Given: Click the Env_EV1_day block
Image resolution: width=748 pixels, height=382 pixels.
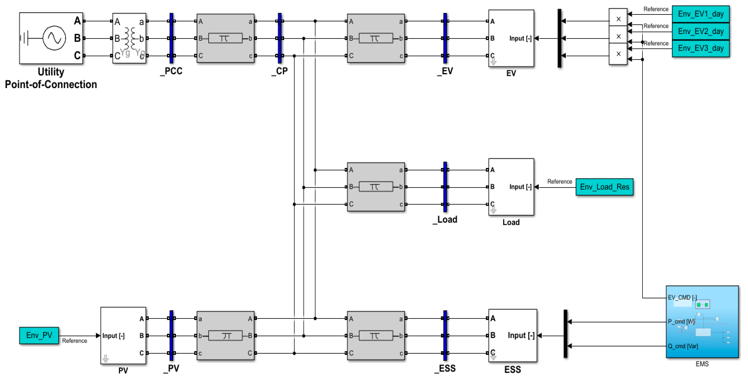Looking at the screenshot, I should tap(700, 14).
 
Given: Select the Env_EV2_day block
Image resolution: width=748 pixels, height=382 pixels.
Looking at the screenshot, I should tap(700, 31).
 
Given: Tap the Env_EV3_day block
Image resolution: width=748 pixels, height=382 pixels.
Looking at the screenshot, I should tap(700, 48).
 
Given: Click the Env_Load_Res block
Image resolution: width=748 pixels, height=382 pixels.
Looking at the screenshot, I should tap(604, 187).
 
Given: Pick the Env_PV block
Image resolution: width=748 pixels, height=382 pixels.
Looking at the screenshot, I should tap(39, 335).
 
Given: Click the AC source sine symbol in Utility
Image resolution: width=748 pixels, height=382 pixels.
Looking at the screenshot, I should tap(54, 38).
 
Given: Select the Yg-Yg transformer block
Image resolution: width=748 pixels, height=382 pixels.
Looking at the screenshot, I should tap(129, 38).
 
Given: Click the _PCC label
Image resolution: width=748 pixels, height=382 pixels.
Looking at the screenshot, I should tap(171, 71).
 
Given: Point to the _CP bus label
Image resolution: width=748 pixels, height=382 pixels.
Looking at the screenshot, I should tap(280, 71).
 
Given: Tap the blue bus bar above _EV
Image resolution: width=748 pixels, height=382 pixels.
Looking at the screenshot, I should tap(445, 38).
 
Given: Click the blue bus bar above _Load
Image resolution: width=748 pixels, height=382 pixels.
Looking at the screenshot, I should tap(445, 187).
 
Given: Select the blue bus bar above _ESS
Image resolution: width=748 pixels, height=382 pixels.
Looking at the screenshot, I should tap(445, 335).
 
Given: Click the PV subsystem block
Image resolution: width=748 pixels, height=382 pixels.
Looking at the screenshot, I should tap(123, 335).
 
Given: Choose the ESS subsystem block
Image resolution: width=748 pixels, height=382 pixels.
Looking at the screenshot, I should tap(513, 335).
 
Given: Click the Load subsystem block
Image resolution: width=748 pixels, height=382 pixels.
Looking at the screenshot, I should tap(511, 187).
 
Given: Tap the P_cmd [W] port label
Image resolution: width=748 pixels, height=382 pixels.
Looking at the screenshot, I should tap(681, 322).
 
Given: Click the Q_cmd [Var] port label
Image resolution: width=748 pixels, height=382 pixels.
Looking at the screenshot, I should tap(683, 346).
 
